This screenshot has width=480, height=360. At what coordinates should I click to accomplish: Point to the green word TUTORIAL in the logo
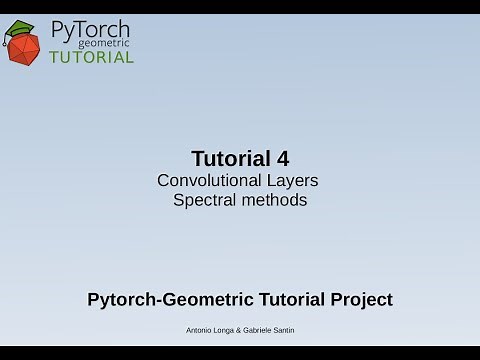(91, 57)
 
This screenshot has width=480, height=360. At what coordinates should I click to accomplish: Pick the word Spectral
(204, 200)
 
